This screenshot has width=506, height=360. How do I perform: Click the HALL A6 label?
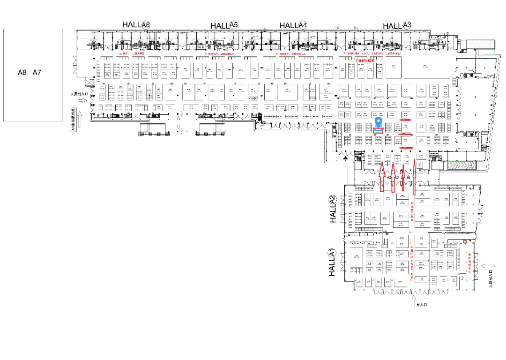coord(136,24)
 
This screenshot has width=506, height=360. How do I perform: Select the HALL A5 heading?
coord(224,25)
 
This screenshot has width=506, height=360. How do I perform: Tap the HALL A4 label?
coord(293,25)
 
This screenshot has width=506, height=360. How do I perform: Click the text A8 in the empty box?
coord(22,72)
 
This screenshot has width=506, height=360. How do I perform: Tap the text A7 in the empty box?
coord(37,72)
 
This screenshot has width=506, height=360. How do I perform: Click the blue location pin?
coord(379,123)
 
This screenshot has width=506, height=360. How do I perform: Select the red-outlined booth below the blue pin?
coord(379,131)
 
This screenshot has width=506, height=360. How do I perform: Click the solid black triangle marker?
coord(345,158)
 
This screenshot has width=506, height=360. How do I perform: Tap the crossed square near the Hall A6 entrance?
coord(87,83)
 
